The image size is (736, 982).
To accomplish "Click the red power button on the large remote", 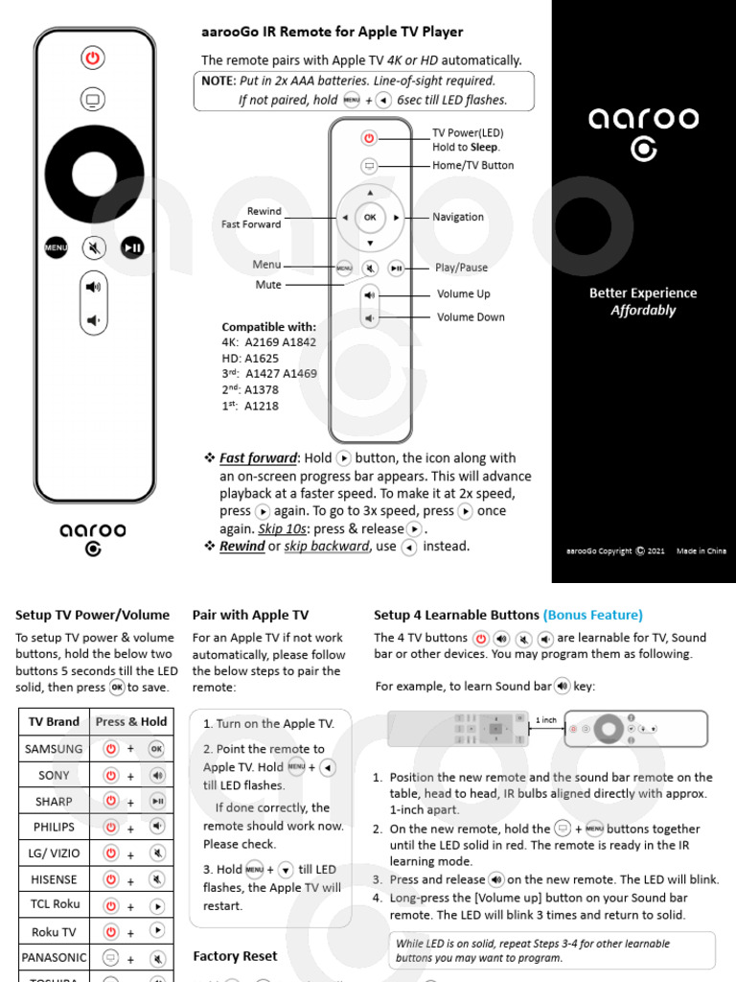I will point(92,58).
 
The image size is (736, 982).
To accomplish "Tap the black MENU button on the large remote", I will point(57,247).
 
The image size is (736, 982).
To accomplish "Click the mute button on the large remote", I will point(94,247).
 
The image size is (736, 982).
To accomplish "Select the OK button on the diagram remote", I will point(370,218).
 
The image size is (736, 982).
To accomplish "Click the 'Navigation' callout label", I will point(458,218).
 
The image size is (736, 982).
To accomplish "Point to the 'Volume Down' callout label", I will point(471,317).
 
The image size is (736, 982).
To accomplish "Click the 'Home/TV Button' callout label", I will point(472,166).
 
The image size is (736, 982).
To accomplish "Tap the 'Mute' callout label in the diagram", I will point(268,285).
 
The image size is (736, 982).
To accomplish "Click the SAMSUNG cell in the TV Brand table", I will point(54,748).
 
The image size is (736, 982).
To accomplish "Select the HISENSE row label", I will point(54,879).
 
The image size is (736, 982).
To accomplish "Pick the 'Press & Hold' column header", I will point(131,722).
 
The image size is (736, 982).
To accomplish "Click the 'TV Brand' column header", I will point(54,722).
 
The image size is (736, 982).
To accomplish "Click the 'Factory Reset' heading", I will point(235,956).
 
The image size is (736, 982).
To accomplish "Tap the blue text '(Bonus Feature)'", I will point(592,616).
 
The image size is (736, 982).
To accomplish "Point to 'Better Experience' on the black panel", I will point(643,293).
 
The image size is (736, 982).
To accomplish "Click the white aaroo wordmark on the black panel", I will point(643,119).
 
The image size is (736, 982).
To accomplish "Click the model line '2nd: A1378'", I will point(250,390).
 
